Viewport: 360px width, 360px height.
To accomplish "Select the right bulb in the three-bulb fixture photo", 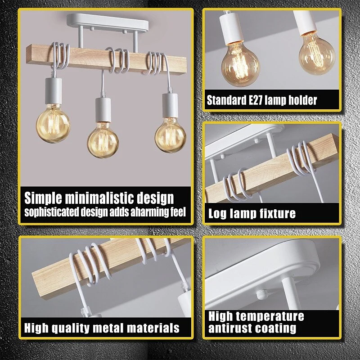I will point(170,135).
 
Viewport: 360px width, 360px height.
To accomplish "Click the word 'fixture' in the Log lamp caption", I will point(276,214).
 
